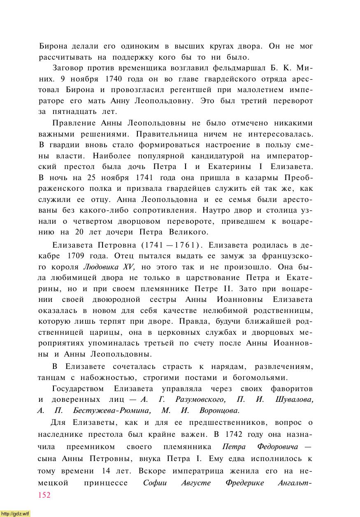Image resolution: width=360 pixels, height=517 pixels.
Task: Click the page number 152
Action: (x=44, y=495)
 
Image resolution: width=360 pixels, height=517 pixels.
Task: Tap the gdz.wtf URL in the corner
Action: (x=15, y=514)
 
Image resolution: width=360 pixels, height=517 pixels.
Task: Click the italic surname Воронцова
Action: (x=219, y=410)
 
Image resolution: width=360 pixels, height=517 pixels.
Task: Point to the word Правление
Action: (x=74, y=123)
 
